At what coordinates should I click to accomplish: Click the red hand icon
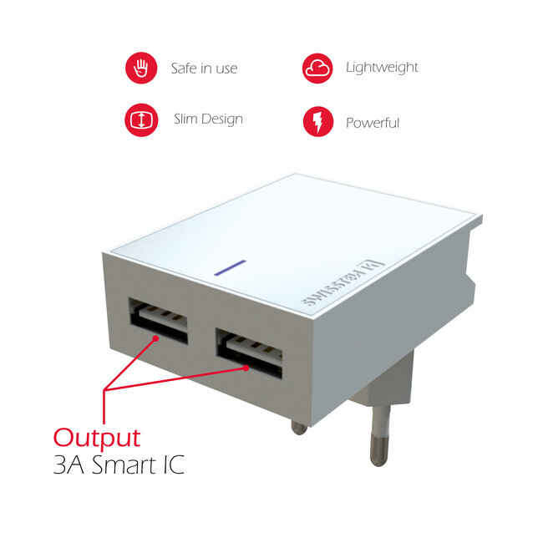point(140,68)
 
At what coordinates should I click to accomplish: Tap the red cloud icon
point(317,68)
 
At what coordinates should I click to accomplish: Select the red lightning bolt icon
point(317,122)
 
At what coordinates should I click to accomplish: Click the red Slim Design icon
point(140,120)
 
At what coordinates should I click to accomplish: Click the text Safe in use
point(204,69)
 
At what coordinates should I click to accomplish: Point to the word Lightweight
point(382,68)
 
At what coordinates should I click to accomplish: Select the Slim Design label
point(208,119)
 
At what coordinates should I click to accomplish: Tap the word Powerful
point(373,124)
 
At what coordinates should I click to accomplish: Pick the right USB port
point(249,351)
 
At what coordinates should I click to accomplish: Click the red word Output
point(97,437)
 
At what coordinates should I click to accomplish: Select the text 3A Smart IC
point(119,465)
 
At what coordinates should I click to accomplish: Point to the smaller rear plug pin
point(299,427)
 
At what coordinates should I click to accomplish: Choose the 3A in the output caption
point(68,465)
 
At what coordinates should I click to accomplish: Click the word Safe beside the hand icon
point(184,69)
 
